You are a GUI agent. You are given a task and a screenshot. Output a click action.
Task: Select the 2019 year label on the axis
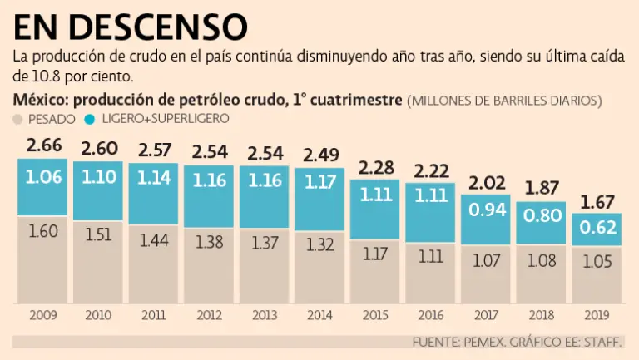tap(596, 315)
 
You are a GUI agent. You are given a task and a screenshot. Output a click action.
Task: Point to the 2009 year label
tap(42, 315)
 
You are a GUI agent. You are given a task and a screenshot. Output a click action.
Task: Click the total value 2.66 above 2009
tap(42, 146)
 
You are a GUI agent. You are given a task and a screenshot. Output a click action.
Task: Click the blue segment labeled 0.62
tap(596, 229)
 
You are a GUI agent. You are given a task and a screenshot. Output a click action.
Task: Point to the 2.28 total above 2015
tap(374, 166)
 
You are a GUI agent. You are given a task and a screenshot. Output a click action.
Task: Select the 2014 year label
tap(319, 315)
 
